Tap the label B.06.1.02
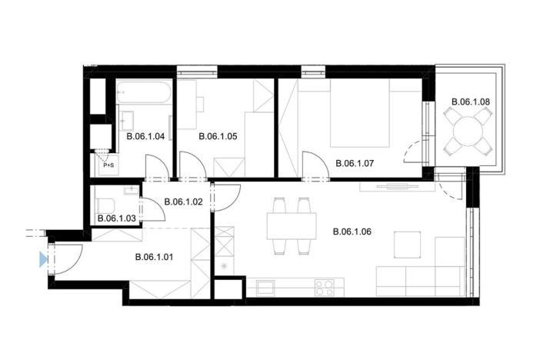click(182, 202)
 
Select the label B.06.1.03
click(117, 219)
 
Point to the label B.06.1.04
click(146, 136)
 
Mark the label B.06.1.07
click(355, 163)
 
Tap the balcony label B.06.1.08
click(470, 101)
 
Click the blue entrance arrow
click(43, 260)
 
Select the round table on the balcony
click(469, 131)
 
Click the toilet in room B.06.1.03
click(107, 205)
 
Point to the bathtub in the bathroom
click(145, 95)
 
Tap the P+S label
click(108, 165)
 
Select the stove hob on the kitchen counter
click(325, 287)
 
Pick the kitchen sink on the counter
click(266, 287)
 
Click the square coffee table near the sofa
click(408, 245)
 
